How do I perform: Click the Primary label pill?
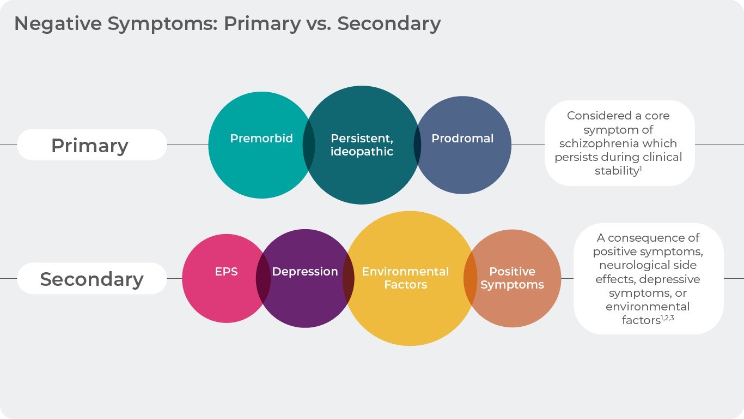(90, 145)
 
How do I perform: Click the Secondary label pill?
(92, 279)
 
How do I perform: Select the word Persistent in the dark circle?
(362, 139)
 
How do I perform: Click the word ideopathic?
(362, 152)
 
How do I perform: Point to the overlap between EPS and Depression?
(264, 278)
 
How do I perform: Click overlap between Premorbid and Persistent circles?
(309, 145)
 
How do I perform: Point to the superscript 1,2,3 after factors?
(668, 318)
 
